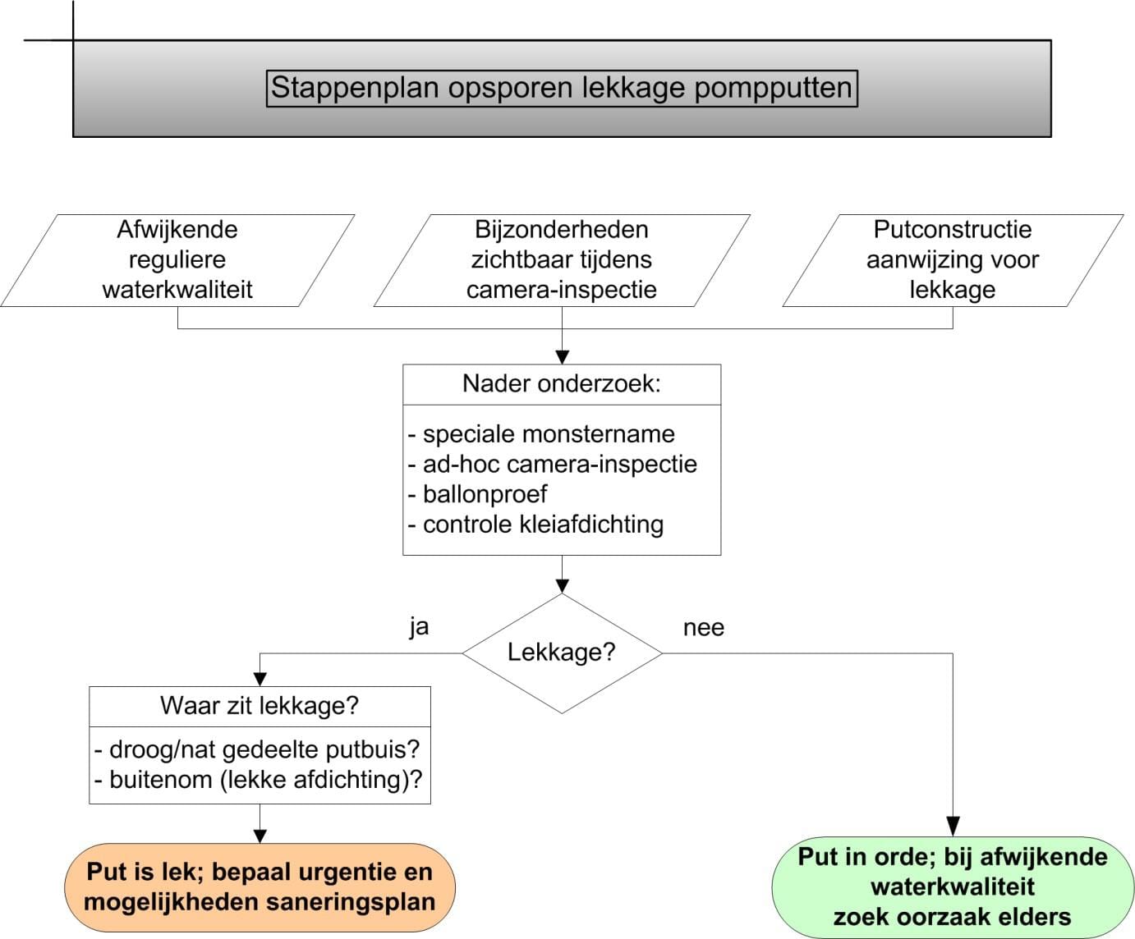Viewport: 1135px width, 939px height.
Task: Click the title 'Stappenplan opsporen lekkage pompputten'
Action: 562,88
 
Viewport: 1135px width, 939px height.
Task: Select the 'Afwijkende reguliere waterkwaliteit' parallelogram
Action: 177,260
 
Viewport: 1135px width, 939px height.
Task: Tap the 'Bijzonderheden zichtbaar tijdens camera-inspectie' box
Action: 562,260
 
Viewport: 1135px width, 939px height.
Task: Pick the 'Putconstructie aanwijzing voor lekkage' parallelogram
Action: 953,260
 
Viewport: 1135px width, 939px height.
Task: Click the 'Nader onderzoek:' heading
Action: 562,383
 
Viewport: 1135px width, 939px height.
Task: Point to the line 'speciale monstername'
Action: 541,433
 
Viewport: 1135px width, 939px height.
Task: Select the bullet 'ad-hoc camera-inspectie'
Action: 552,464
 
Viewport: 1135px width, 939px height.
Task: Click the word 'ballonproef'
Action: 485,494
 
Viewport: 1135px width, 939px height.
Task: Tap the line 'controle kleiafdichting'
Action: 535,524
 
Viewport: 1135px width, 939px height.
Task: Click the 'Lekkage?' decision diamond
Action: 562,653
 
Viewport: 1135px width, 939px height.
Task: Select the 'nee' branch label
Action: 703,628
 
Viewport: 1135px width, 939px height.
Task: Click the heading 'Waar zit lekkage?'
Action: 260,705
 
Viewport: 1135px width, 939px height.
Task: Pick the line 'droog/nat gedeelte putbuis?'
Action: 256,749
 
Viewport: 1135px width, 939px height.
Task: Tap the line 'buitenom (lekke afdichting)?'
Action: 258,780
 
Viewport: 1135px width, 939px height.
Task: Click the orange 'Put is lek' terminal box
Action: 260,886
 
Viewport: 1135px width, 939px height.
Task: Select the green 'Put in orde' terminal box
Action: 953,886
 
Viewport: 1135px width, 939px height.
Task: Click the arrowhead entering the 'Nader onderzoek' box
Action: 562,357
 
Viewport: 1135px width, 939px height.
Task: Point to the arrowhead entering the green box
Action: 953,827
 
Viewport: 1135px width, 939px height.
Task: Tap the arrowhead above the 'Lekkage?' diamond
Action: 562,586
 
